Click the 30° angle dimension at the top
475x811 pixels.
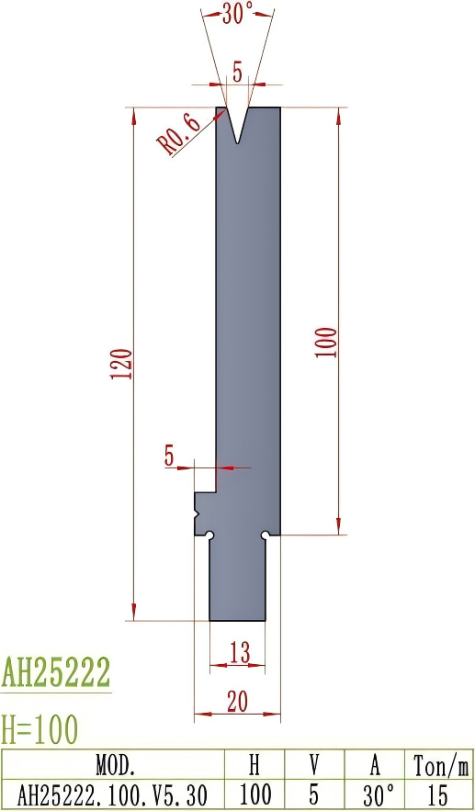(x=237, y=13)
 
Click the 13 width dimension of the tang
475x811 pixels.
(x=239, y=652)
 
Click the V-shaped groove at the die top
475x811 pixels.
(x=238, y=124)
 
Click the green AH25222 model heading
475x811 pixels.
(x=56, y=672)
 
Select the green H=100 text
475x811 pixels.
(x=40, y=729)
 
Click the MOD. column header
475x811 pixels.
(x=115, y=764)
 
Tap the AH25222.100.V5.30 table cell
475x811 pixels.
(x=115, y=794)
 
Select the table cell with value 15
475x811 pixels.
(x=438, y=794)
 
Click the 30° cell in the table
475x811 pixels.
(x=374, y=794)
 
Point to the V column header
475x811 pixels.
(x=313, y=764)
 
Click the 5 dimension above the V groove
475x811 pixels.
(x=238, y=74)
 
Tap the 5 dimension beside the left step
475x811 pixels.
(x=170, y=456)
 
